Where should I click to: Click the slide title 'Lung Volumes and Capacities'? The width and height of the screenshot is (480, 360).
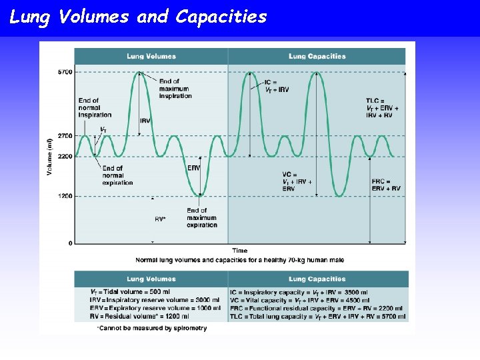pyautogui.click(x=138, y=17)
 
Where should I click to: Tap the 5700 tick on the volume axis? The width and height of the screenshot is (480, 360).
pyautogui.click(x=65, y=71)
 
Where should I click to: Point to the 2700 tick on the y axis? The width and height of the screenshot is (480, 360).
pyautogui.click(x=65, y=135)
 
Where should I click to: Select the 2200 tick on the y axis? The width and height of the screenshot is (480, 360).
pyautogui.click(x=65, y=156)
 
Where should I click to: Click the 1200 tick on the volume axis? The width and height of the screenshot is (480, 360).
pyautogui.click(x=65, y=196)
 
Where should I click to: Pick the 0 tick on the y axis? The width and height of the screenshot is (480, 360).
pyautogui.click(x=70, y=243)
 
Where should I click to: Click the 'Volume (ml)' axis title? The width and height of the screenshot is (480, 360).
pyautogui.click(x=50, y=157)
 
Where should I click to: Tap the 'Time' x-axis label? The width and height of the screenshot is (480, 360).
pyautogui.click(x=239, y=251)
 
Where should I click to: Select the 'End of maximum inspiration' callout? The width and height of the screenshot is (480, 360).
pyautogui.click(x=175, y=89)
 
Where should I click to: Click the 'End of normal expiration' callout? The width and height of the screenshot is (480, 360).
pyautogui.click(x=117, y=175)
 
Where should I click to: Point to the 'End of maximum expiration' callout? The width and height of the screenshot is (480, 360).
pyautogui.click(x=202, y=218)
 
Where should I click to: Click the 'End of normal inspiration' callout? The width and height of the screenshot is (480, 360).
pyautogui.click(x=94, y=107)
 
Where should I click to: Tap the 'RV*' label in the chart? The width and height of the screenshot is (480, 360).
pyautogui.click(x=160, y=219)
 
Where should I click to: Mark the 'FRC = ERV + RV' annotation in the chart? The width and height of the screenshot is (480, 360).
pyautogui.click(x=386, y=185)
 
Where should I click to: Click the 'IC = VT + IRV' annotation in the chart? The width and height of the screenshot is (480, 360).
pyautogui.click(x=278, y=86)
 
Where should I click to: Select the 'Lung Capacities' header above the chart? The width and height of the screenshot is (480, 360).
pyautogui.click(x=317, y=57)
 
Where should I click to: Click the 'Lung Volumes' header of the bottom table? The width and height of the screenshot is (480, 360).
pyautogui.click(x=151, y=279)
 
